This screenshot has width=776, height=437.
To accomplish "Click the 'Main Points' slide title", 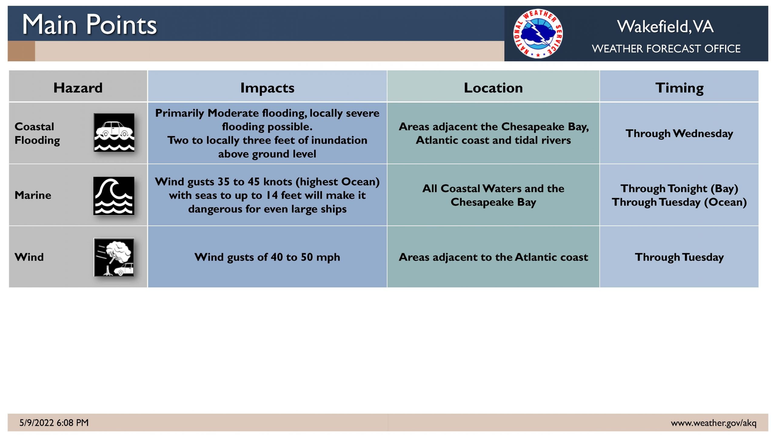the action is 89,25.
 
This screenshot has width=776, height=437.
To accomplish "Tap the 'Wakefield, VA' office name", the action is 665,26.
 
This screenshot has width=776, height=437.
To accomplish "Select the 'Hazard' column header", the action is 78,88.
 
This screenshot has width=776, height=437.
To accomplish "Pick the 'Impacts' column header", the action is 267,88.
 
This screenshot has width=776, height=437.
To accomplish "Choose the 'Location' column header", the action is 493,88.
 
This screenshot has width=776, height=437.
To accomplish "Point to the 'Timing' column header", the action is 679,88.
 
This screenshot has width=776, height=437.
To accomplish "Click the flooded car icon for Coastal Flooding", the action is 114,132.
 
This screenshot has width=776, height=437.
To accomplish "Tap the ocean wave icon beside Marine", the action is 114,196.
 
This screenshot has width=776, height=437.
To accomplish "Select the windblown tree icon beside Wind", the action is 114,257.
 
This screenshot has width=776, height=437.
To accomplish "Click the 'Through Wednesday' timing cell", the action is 679,134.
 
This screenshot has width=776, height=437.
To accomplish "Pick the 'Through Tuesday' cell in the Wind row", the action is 679,257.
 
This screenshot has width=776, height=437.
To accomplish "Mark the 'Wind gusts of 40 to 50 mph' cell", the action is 267,257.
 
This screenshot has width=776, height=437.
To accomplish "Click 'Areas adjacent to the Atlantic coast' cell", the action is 493,257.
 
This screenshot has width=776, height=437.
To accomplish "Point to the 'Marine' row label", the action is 33,195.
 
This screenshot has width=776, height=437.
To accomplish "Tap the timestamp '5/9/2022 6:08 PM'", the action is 54,423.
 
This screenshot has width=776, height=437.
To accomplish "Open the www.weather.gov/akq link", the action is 714,423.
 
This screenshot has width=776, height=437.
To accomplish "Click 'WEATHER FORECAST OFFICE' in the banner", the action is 666,49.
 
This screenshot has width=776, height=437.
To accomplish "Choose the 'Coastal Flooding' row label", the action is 37,134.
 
